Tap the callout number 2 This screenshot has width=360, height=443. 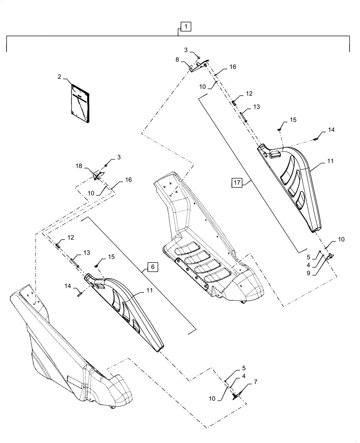click(59, 77)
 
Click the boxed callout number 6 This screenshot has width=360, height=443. click(152, 267)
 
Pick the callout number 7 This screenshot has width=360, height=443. click(255, 382)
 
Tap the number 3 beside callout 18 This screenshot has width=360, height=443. click(119, 157)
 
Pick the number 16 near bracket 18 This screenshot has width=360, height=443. click(128, 180)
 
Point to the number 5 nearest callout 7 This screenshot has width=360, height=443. click(243, 368)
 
